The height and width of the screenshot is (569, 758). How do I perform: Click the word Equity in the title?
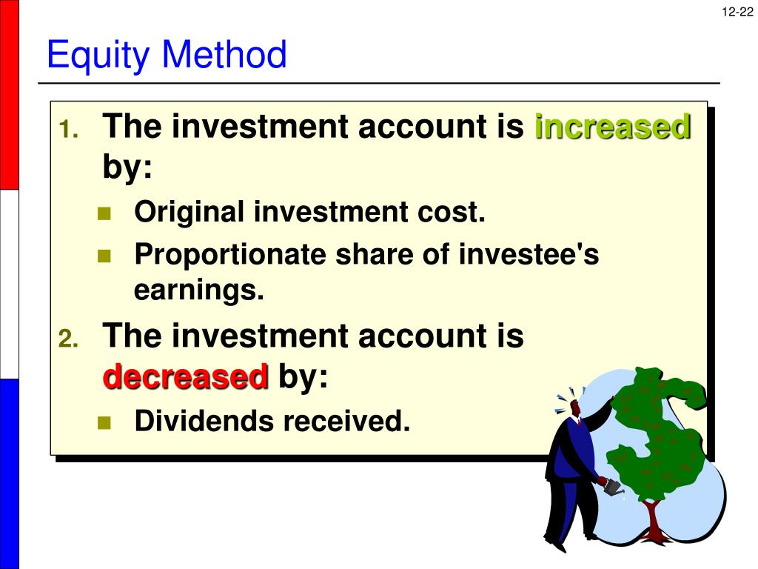point(99,56)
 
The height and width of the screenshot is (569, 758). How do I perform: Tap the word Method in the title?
point(224,56)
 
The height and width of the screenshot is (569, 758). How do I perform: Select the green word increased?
point(613,127)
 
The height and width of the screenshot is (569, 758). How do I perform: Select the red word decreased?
point(185,378)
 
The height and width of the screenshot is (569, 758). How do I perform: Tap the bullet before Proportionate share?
point(103,256)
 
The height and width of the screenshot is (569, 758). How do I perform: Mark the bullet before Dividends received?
point(103,423)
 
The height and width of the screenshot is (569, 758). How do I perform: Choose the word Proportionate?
point(230,255)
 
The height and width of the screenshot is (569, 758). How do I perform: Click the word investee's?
point(529,255)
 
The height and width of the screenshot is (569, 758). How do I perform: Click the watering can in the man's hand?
point(612,487)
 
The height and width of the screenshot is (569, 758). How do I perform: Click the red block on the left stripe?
point(9,95)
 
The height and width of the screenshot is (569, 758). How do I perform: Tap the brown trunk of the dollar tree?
point(652,519)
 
